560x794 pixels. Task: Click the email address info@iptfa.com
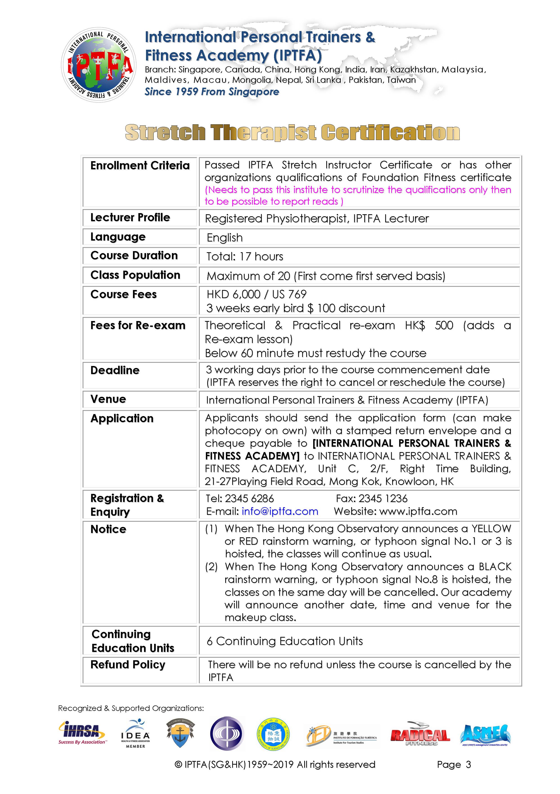(280, 511)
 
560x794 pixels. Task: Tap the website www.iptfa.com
(418, 511)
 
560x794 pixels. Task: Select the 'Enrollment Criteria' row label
(140, 166)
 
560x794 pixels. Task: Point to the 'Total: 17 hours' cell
(245, 256)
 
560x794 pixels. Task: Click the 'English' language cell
(225, 238)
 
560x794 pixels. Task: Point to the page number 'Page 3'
(454, 764)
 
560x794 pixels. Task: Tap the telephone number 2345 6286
(249, 498)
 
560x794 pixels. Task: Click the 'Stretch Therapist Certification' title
(292, 132)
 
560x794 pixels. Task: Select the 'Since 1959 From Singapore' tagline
(212, 92)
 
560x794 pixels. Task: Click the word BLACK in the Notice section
(495, 567)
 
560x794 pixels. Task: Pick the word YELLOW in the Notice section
(491, 529)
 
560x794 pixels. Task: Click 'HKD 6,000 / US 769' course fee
(256, 294)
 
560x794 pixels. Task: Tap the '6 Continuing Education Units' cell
(284, 641)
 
